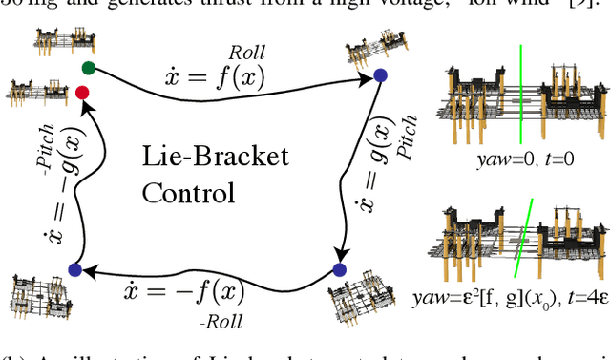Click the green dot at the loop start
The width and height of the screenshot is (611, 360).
click(89, 68)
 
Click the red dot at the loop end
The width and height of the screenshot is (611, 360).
click(82, 92)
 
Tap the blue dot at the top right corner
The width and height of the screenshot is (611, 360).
click(380, 74)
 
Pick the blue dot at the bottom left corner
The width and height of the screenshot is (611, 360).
click(74, 269)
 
